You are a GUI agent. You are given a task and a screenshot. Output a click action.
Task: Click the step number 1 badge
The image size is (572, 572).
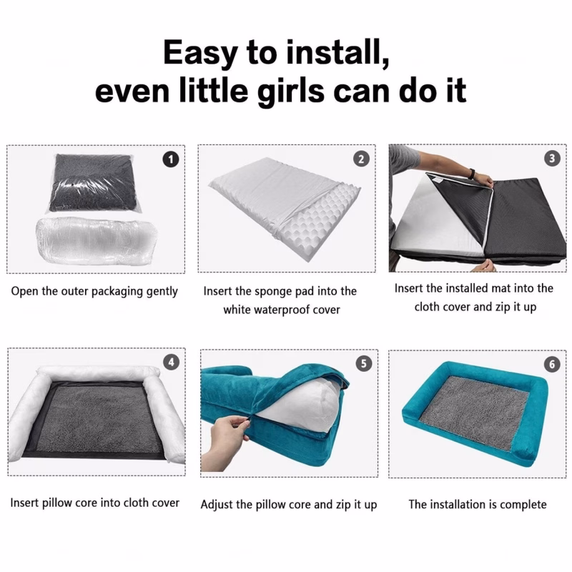tap(171, 159)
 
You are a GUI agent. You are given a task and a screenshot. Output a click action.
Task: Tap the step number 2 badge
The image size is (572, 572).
tap(361, 159)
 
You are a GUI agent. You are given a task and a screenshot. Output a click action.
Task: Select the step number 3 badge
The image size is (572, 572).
tap(551, 158)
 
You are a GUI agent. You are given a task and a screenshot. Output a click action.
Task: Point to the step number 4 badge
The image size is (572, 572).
tap(171, 362)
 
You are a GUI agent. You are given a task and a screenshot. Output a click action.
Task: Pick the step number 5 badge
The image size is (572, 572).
tap(364, 364)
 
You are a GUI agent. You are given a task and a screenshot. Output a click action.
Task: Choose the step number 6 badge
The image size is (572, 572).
tap(551, 365)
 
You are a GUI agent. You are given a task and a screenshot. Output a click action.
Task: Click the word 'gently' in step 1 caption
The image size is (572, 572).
tap(162, 292)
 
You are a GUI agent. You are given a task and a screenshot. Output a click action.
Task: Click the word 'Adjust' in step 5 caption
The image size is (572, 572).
tap(217, 505)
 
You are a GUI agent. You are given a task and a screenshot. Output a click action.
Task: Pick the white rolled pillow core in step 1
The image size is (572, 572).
tap(97, 240)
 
